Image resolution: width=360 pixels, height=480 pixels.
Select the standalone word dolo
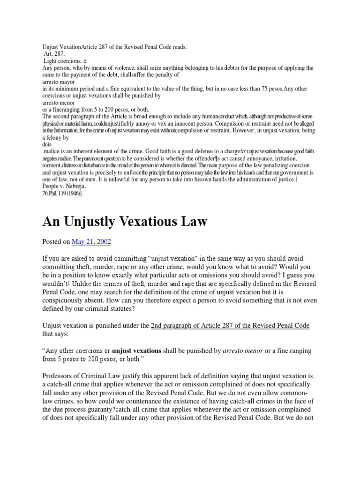tap(47, 144)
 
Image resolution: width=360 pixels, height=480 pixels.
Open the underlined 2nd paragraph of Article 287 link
tap(230, 325)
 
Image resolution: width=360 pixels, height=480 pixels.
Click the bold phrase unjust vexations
tap(136, 351)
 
